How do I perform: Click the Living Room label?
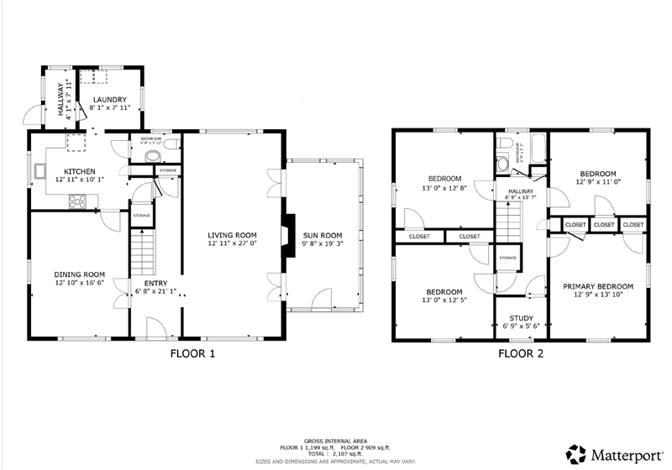pyautogui.click(x=233, y=235)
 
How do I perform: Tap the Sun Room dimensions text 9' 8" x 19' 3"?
pyautogui.click(x=323, y=244)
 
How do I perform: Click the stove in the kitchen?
pyautogui.click(x=76, y=201)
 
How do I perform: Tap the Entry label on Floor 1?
pyautogui.click(x=155, y=283)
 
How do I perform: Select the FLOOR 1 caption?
pyautogui.click(x=193, y=354)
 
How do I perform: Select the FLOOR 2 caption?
pyautogui.click(x=521, y=354)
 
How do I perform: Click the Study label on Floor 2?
pyautogui.click(x=521, y=318)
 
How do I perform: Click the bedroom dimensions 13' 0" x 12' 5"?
pyautogui.click(x=444, y=300)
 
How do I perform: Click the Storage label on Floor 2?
pyautogui.click(x=507, y=258)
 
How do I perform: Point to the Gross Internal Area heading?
pyautogui.click(x=336, y=440)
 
